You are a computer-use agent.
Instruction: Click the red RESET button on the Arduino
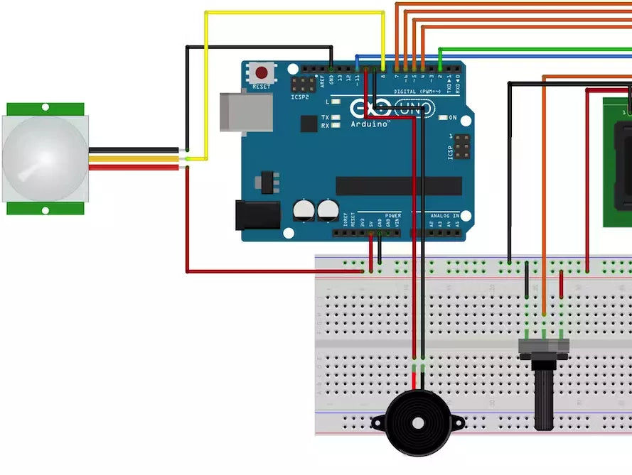262,72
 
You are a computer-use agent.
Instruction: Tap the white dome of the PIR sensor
44,158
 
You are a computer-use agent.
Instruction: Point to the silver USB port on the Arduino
245,111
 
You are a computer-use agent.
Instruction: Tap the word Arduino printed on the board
369,124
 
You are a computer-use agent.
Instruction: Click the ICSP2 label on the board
300,97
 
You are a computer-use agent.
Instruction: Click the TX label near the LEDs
326,117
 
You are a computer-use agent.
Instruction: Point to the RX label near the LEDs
326,126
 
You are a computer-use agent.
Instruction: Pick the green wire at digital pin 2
533,49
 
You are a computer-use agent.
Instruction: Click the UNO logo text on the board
414,109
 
